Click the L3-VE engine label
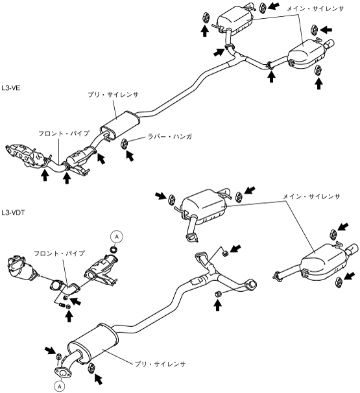point(11,88)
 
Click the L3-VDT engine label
point(13,213)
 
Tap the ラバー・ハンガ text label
point(170,137)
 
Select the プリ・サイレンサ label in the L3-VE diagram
point(113,95)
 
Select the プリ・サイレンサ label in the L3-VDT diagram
point(160,364)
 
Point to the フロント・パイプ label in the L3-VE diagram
point(64,134)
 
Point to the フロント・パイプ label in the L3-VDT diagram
point(59,254)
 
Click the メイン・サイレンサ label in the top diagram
point(315,9)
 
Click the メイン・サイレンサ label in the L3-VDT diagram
point(311,196)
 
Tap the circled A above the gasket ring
point(117,236)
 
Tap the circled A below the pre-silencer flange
point(60,387)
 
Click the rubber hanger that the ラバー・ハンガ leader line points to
point(125,143)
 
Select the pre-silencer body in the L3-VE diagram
point(120,125)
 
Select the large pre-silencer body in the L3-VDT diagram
point(93,343)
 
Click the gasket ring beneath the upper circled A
point(115,250)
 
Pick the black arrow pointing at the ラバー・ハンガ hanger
point(130,156)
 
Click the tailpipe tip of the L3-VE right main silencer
point(330,43)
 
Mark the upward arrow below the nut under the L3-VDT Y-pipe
point(217,305)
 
